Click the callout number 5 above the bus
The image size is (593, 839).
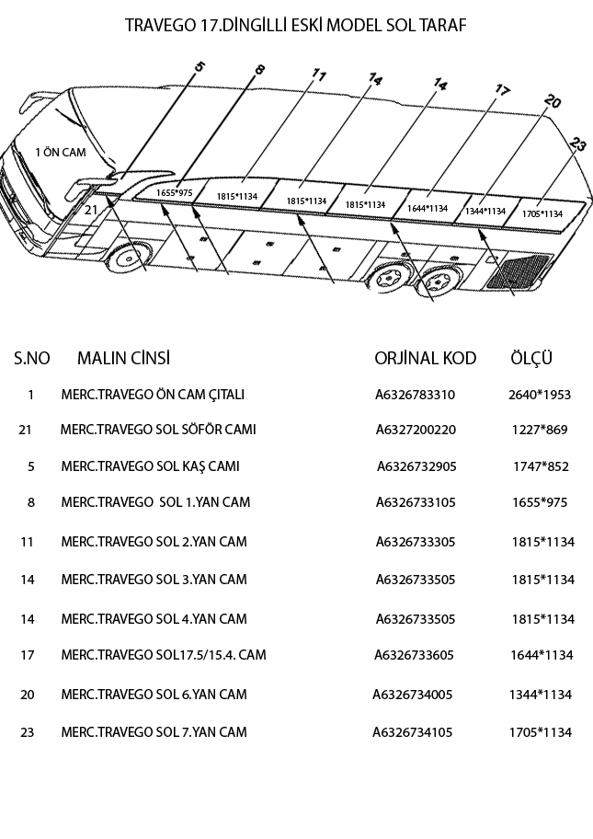pyautogui.click(x=200, y=66)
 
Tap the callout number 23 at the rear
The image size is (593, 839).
pyautogui.click(x=577, y=144)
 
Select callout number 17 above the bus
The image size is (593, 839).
pyautogui.click(x=502, y=90)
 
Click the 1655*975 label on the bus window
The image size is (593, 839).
pyautogui.click(x=174, y=192)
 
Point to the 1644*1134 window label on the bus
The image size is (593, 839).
pyautogui.click(x=427, y=209)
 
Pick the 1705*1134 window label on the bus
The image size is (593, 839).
pyautogui.click(x=542, y=213)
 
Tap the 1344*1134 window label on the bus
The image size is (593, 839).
pyautogui.click(x=485, y=212)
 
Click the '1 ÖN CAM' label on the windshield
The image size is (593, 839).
pyautogui.click(x=60, y=153)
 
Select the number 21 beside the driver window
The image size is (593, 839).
pyautogui.click(x=90, y=210)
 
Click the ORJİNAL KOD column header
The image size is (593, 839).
pyautogui.click(x=425, y=358)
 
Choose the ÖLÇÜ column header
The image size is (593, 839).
pyautogui.click(x=531, y=358)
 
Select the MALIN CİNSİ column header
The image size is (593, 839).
pyautogui.click(x=123, y=358)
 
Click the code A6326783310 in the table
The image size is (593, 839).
pyautogui.click(x=415, y=395)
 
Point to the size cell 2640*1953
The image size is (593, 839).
pyautogui.click(x=539, y=395)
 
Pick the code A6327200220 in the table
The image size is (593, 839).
pyautogui.click(x=416, y=430)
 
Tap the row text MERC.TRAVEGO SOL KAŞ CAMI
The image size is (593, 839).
pyautogui.click(x=150, y=466)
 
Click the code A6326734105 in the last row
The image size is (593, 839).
pyautogui.click(x=412, y=732)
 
